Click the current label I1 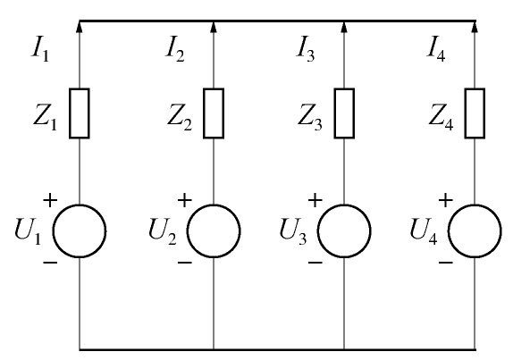pos(40,51)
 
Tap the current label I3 pos(306,51)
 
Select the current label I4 pos(436,51)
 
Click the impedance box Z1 pos(80,113)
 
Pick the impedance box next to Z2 pos(214,113)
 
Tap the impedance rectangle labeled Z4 pos(475,113)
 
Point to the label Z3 pos(310,118)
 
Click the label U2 pos(163,231)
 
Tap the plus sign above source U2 pos(184,200)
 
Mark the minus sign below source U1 pos(50,263)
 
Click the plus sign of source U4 pos(446,200)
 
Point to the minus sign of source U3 pos(315,263)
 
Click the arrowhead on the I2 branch pos(214,27)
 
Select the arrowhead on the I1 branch pos(80,27)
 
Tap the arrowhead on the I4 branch pos(475,27)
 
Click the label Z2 pos(180,118)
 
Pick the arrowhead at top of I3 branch pos(344,27)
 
